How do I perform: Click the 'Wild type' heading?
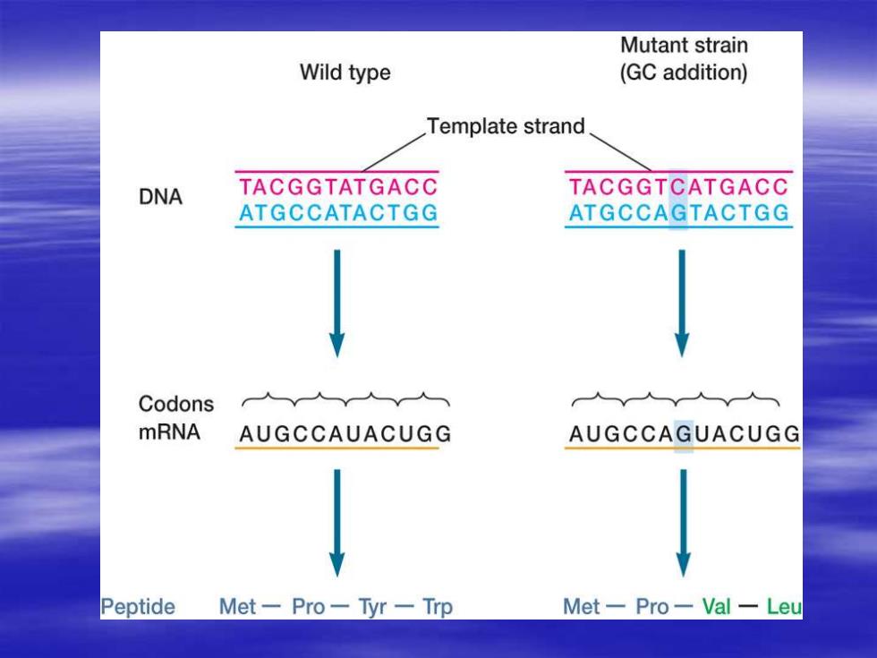coord(345,73)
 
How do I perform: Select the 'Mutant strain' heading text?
coord(684,46)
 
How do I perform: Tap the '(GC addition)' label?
coord(684,73)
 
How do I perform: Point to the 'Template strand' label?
coord(506,126)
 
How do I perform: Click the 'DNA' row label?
coord(160,197)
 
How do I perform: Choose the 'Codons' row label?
coord(176,404)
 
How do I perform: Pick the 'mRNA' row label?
coord(169,432)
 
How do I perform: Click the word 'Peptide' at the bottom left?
coord(138,607)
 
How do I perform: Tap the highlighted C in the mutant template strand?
coord(678,187)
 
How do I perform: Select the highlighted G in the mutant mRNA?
coord(684,433)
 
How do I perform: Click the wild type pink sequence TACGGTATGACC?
coord(338,187)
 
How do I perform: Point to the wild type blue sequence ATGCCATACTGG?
coord(338,213)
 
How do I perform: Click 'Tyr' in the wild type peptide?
coord(372,607)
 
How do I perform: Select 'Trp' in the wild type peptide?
coord(438,607)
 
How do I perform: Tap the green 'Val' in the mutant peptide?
coord(716,607)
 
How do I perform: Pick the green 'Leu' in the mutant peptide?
coord(784,607)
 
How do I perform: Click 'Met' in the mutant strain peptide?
coord(581,607)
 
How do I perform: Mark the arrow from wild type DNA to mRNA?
coord(336,303)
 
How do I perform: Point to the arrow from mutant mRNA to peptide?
coord(683,523)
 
